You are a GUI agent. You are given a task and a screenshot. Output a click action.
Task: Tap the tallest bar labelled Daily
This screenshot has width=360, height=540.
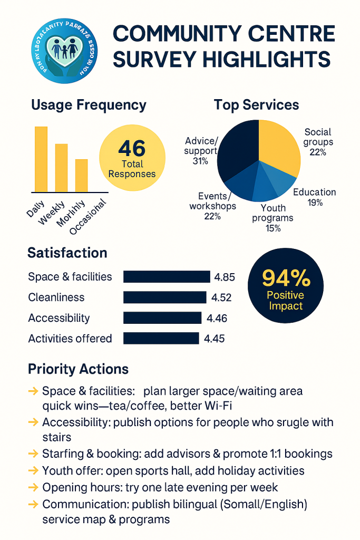tap(41, 159)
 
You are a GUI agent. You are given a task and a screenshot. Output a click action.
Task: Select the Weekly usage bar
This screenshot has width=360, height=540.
tap(62, 167)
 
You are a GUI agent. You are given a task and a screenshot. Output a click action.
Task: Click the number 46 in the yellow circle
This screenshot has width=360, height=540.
tap(132, 147)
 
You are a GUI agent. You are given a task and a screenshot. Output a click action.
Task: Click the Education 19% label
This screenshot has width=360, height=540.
tap(314, 197)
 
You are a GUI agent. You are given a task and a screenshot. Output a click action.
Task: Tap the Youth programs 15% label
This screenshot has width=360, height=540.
tap(273, 218)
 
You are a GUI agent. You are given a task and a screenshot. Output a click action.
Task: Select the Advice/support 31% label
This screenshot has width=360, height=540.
tap(201, 150)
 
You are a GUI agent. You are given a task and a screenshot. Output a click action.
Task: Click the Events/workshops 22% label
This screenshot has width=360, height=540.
tap(212, 206)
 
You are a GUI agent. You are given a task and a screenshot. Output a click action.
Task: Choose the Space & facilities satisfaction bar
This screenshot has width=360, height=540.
tap(167, 277)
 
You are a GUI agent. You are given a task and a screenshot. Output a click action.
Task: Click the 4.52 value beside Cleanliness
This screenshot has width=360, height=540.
tap(221, 297)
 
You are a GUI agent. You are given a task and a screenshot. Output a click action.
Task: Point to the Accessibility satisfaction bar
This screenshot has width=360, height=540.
tap(162, 318)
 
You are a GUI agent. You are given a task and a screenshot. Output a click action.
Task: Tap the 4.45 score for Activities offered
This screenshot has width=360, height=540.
tap(214, 339)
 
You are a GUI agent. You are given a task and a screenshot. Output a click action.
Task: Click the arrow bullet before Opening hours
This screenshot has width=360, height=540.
tap(33, 487)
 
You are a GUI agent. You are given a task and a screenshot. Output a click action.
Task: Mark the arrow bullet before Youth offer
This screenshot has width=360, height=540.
tap(33, 470)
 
